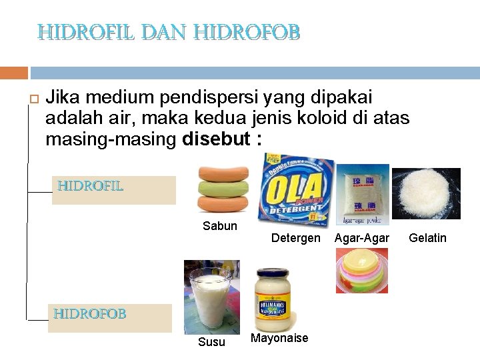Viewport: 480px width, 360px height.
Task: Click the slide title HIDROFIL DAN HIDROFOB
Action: point(169,31)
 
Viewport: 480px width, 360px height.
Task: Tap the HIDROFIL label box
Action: point(113,189)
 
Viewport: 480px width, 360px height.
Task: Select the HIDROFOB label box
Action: point(110,318)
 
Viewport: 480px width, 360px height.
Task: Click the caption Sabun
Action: point(220,226)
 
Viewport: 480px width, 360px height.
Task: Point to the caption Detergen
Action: point(296,238)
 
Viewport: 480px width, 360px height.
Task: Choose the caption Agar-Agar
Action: point(361,238)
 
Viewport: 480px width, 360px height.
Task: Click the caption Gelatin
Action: point(427,238)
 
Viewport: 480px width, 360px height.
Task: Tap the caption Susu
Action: point(212,342)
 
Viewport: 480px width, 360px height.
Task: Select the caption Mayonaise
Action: point(279,338)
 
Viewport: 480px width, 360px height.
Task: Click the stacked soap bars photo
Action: point(223,189)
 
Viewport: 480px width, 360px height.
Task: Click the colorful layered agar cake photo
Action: point(361,271)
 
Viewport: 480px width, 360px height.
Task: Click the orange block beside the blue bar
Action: point(14,73)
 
